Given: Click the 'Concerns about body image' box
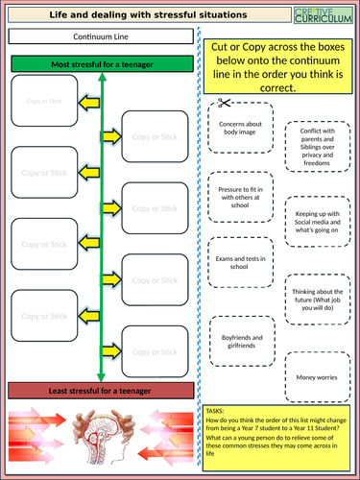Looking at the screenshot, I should (x=239, y=130).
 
